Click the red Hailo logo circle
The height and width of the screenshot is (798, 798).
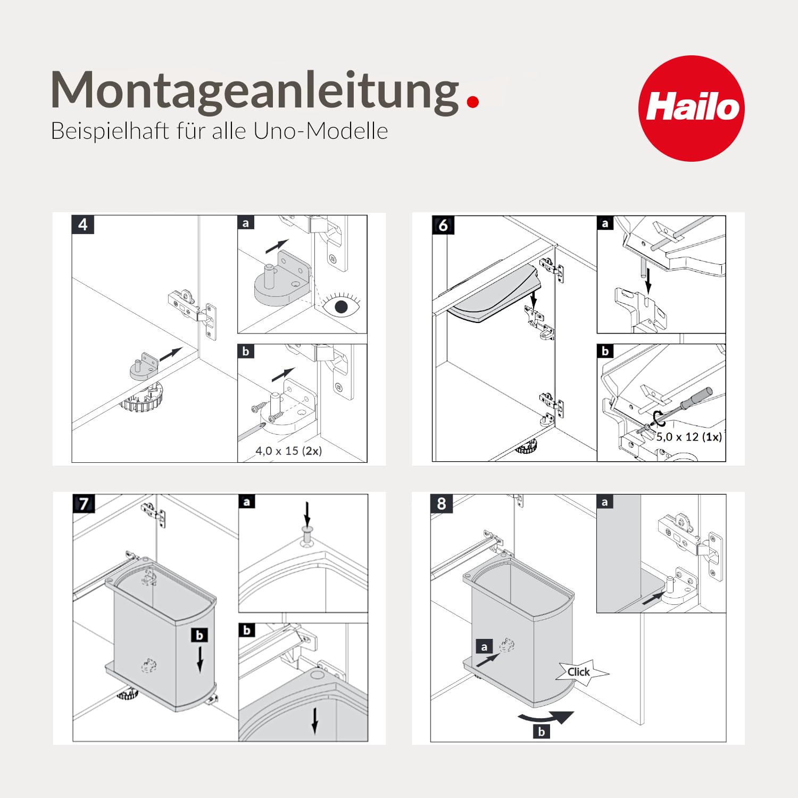(x=692, y=109)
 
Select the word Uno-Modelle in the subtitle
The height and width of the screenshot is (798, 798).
(x=321, y=131)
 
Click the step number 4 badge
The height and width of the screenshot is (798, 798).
(x=83, y=225)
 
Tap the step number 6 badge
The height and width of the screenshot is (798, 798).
(x=443, y=226)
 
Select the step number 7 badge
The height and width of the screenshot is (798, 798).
(x=84, y=503)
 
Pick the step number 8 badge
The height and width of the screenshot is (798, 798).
(x=442, y=503)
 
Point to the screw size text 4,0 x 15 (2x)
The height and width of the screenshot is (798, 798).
(x=288, y=451)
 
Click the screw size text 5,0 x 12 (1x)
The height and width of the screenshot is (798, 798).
(x=689, y=437)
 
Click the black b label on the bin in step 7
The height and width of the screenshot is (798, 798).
(x=199, y=635)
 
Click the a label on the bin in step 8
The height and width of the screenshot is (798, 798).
(x=484, y=647)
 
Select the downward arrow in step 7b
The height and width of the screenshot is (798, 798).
(x=315, y=721)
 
